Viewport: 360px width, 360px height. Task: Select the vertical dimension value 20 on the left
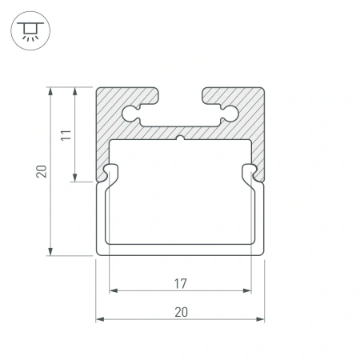42,170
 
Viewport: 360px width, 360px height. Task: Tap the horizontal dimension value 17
181,282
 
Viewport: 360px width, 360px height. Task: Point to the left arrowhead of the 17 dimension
113,290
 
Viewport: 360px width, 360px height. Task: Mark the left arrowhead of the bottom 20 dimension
101,319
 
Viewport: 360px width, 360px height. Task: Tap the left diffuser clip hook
108,171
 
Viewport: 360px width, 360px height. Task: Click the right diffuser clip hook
254,171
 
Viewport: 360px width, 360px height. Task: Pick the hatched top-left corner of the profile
108,100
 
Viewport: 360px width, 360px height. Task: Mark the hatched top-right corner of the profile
254,100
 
